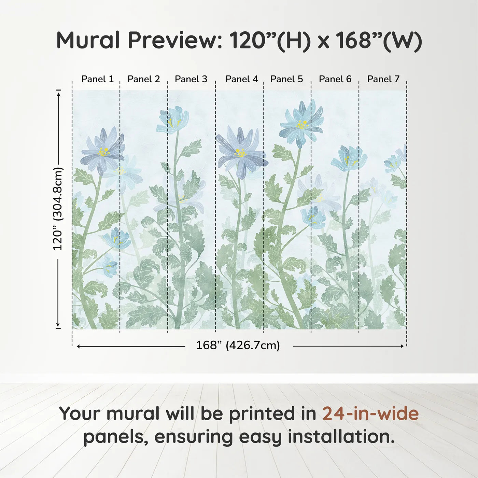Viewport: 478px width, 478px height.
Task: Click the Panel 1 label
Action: [x=97, y=79]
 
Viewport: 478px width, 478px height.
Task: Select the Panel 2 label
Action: [x=143, y=79]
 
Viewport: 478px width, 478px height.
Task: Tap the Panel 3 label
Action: [x=191, y=79]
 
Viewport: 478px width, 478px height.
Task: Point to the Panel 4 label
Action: [x=241, y=79]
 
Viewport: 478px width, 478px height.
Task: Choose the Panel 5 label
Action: [x=286, y=79]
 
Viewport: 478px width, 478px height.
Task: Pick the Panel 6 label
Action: [x=335, y=79]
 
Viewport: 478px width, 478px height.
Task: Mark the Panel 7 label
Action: [x=383, y=79]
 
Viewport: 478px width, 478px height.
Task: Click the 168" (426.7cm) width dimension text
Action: [x=238, y=346]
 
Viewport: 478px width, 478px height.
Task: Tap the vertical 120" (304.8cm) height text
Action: [x=58, y=209]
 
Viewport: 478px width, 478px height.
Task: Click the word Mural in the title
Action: [x=88, y=40]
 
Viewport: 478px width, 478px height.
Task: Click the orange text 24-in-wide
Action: [x=370, y=414]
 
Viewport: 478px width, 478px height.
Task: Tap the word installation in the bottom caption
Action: [x=340, y=437]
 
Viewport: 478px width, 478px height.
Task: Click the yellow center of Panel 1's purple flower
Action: [x=103, y=152]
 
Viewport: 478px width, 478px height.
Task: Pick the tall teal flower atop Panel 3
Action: [x=173, y=120]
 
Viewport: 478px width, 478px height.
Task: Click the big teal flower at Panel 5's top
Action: [x=301, y=124]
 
